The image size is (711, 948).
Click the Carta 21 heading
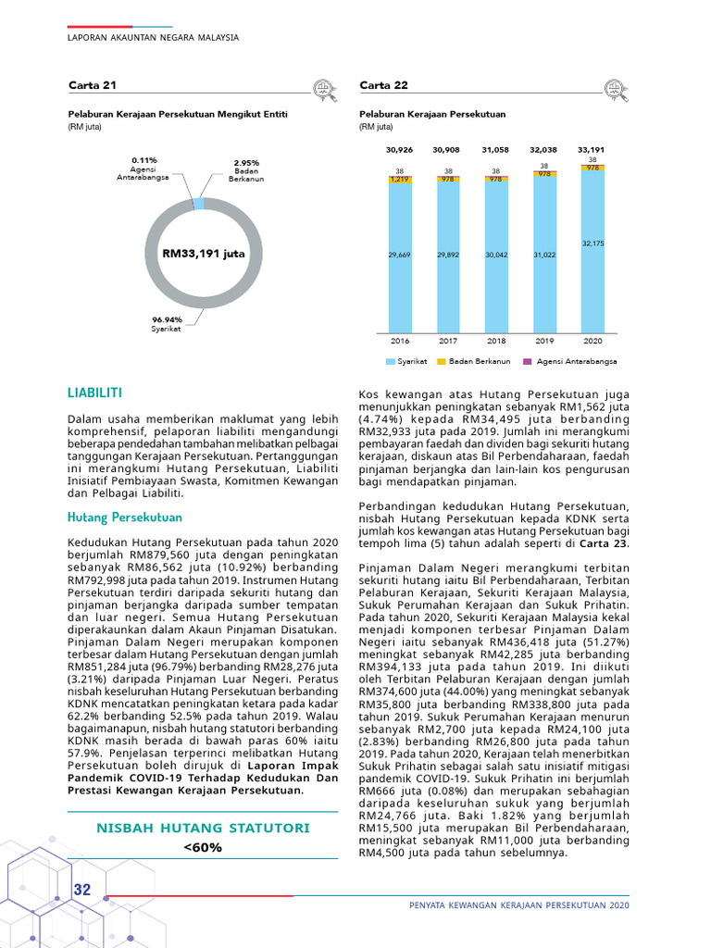coord(93,85)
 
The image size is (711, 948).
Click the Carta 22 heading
coord(383,85)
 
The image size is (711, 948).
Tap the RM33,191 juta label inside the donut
coord(204,252)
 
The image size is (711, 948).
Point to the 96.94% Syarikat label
coord(167,323)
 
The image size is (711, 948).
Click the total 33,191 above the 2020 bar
coord(591,149)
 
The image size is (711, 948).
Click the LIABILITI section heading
coord(95,393)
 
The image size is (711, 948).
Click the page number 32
coord(82,890)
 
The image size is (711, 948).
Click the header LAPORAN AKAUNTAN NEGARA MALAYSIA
coord(154,38)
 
